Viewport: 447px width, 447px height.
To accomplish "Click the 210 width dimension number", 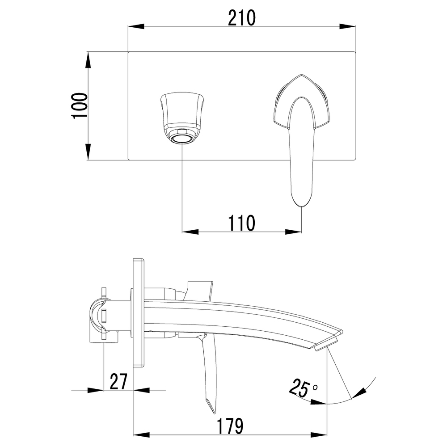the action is [242, 18].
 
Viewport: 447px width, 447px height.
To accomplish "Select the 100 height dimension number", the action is [80, 105].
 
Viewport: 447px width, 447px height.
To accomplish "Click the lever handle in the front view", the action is [302, 139].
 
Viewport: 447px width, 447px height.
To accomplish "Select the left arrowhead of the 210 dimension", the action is [136, 26].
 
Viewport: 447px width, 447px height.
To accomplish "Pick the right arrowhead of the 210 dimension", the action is [348, 26].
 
